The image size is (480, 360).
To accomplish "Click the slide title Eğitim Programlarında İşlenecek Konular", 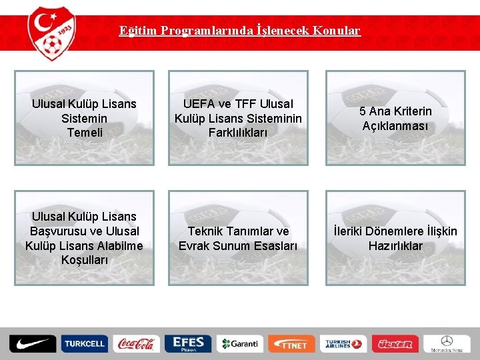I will [240, 31].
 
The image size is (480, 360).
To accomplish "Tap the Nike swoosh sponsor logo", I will [33, 344].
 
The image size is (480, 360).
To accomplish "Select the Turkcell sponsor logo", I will [84, 344].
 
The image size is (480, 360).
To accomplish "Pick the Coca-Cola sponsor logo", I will [136, 344].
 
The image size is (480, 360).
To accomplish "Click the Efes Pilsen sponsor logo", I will [188, 344].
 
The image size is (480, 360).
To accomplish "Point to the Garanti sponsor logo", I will [240, 344].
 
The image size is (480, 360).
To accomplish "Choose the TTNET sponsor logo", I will [292, 344].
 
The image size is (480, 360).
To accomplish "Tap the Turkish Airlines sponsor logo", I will [343, 344].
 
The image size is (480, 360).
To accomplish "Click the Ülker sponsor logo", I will [395, 344].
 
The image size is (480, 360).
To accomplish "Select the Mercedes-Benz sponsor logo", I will [447, 344].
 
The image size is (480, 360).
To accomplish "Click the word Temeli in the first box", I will [85, 133].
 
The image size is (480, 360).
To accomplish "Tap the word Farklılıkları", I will [238, 133].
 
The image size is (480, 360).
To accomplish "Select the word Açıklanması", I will [395, 126].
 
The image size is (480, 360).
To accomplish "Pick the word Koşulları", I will [84, 260].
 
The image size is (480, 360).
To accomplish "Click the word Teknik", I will [205, 231].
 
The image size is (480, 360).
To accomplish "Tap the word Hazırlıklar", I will [395, 246].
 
